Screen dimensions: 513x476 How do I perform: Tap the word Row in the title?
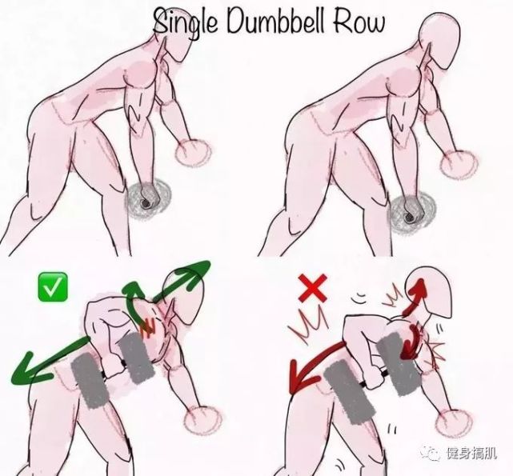(359, 22)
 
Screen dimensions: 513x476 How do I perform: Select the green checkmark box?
(53, 287)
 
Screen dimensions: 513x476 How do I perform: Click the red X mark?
(312, 288)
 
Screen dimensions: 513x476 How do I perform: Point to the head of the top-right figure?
(439, 40)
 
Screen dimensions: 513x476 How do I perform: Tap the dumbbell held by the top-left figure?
(149, 198)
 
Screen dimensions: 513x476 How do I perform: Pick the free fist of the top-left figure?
(193, 153)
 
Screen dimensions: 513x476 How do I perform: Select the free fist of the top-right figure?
(459, 166)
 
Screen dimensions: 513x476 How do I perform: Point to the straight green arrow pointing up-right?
(182, 281)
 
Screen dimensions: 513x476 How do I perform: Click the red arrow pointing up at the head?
(415, 297)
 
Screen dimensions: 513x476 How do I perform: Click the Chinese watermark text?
(471, 453)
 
